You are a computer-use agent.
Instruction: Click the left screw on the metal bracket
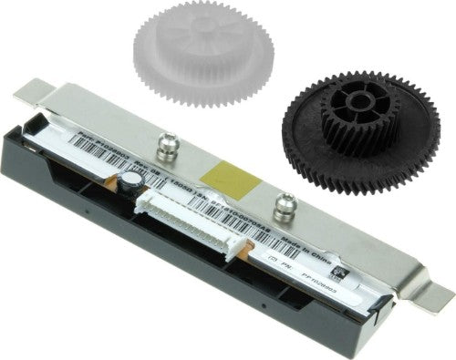pos(166,142)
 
